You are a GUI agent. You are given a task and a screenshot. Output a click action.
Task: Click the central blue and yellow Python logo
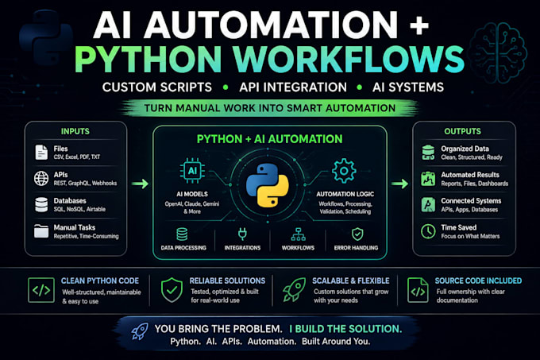click(x=268, y=185)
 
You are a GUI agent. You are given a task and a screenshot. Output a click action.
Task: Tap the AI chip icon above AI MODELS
click(x=192, y=171)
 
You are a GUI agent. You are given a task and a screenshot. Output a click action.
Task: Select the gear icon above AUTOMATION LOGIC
click(x=344, y=171)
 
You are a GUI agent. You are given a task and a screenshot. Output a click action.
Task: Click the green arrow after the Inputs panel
click(x=141, y=184)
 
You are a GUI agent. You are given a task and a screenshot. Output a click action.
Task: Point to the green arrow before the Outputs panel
click(x=399, y=184)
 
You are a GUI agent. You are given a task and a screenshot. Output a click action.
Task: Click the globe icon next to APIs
click(x=41, y=179)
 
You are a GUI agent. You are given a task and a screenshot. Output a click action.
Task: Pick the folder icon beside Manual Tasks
click(x=41, y=231)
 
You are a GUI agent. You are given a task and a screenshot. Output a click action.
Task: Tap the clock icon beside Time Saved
click(x=428, y=231)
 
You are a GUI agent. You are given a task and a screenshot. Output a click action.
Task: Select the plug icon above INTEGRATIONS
click(x=242, y=234)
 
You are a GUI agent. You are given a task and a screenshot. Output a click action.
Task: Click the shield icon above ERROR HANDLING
click(x=357, y=234)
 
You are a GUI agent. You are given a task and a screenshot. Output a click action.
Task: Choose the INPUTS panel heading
click(x=75, y=131)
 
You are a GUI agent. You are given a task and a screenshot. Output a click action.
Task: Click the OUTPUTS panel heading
click(x=462, y=131)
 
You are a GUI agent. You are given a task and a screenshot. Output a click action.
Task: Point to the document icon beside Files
click(x=41, y=153)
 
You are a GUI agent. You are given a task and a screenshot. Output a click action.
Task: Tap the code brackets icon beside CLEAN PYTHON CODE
click(x=41, y=290)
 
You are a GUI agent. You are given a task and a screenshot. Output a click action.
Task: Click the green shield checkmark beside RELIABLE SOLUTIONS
click(x=172, y=290)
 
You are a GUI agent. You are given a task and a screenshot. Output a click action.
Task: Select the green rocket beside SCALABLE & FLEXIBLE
click(x=294, y=290)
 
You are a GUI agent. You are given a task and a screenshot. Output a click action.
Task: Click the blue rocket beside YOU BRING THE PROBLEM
click(x=140, y=331)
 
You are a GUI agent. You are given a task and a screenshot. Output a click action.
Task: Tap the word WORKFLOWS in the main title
click(x=349, y=59)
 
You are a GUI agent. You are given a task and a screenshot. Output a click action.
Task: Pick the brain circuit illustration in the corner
click(x=498, y=52)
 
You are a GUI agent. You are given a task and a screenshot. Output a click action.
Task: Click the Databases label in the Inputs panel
click(x=70, y=200)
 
